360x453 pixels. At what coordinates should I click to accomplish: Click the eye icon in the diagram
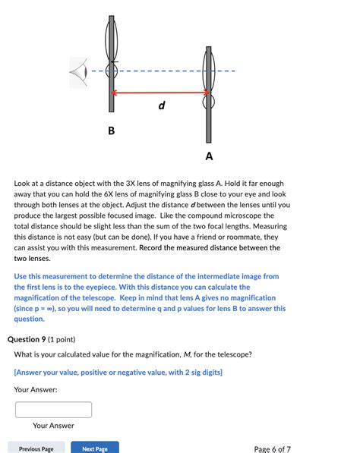click(x=77, y=72)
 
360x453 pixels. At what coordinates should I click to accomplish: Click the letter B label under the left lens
click(x=111, y=131)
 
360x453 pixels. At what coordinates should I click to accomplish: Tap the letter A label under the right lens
click(x=209, y=156)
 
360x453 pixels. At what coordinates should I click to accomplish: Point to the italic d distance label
click(x=161, y=105)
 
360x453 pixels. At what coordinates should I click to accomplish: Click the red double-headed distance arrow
click(x=160, y=93)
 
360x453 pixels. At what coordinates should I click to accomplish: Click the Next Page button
click(x=94, y=448)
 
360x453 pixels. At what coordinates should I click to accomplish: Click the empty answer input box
click(x=53, y=410)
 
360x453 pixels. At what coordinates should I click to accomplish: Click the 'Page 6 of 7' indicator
click(x=272, y=448)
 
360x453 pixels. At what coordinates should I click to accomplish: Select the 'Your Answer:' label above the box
click(x=35, y=389)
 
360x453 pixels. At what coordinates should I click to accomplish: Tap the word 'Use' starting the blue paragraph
click(x=22, y=277)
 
